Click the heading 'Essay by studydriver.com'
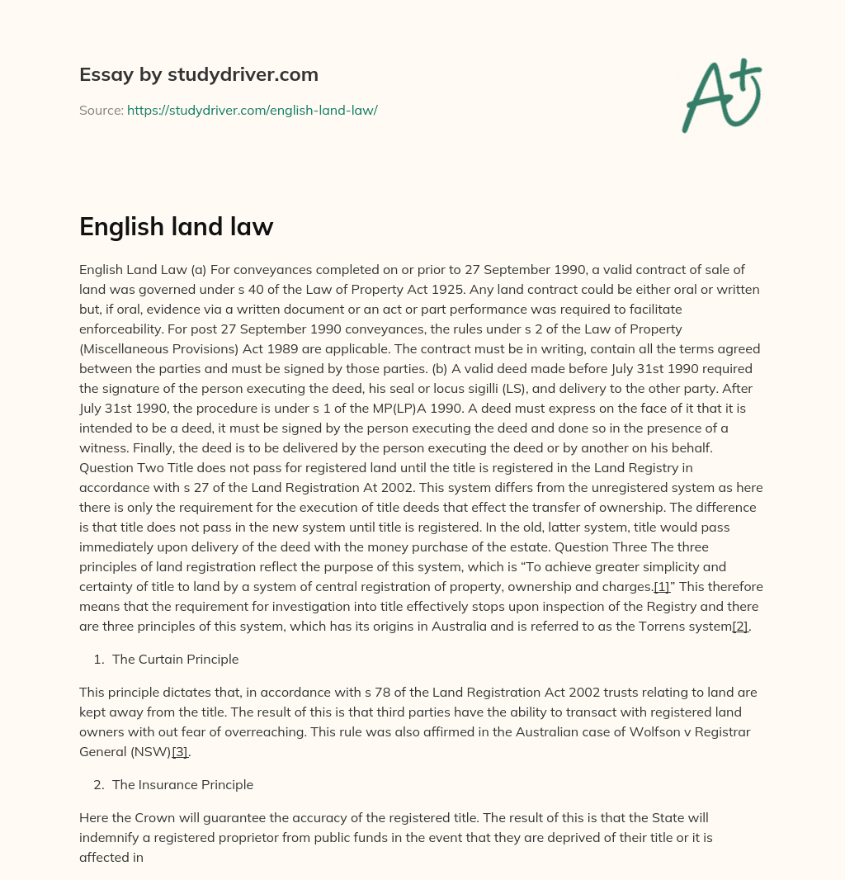[198, 74]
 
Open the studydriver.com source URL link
[252, 110]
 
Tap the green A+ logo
[721, 95]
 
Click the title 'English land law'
[176, 227]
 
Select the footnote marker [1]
[661, 587]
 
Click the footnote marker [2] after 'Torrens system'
[740, 627]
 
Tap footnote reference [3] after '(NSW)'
[179, 752]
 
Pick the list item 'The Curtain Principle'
[175, 660]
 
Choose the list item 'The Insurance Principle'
[182, 785]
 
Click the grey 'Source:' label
[101, 110]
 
